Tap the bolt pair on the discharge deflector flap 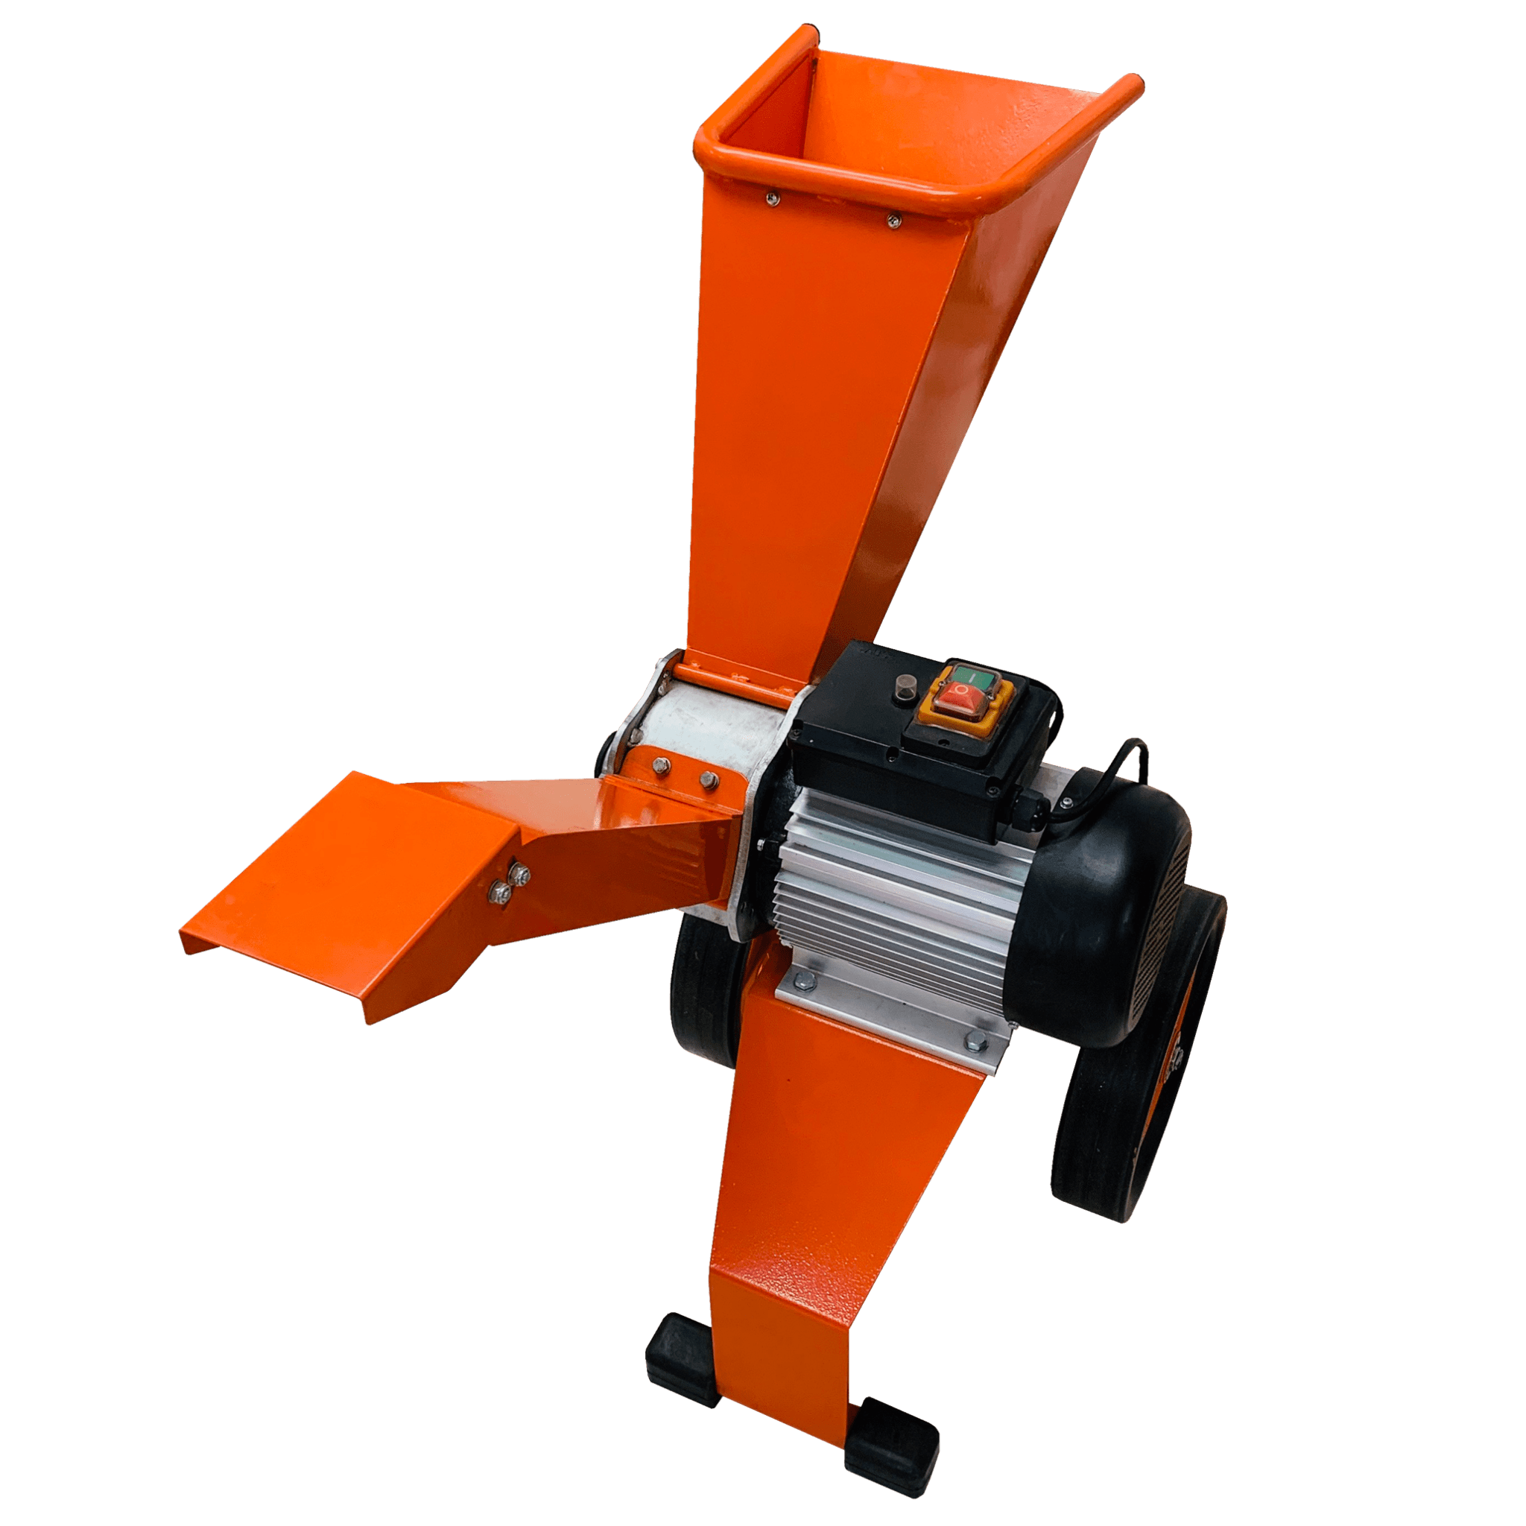point(510,882)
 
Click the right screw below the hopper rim point(893,221)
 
